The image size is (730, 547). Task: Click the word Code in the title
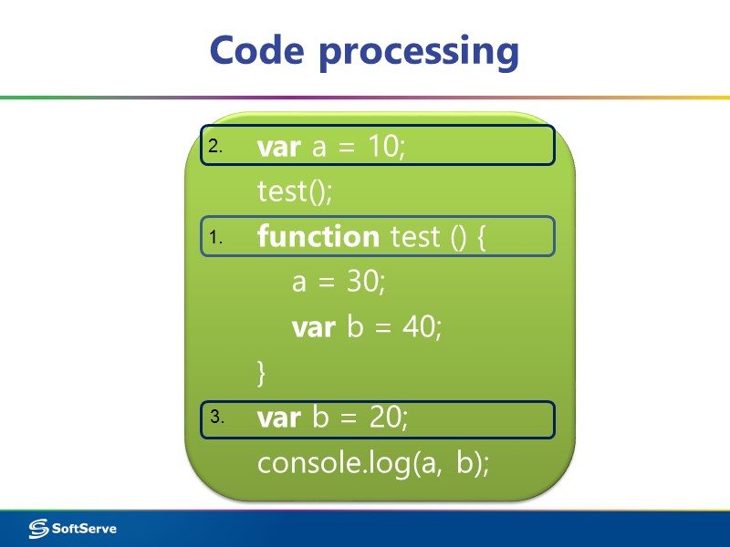257,50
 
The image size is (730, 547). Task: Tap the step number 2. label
215,147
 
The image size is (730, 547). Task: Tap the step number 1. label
215,238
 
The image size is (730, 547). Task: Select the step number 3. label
216,418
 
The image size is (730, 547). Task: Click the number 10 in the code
385,146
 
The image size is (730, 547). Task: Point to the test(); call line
295,191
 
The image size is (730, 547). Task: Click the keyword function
318,237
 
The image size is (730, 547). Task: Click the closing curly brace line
263,372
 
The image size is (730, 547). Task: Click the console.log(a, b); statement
373,463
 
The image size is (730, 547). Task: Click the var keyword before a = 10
279,147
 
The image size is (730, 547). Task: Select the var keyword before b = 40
314,327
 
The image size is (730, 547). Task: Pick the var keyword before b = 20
279,418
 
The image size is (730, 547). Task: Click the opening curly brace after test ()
481,238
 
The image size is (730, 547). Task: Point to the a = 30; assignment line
339,282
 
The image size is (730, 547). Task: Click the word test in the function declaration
415,237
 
